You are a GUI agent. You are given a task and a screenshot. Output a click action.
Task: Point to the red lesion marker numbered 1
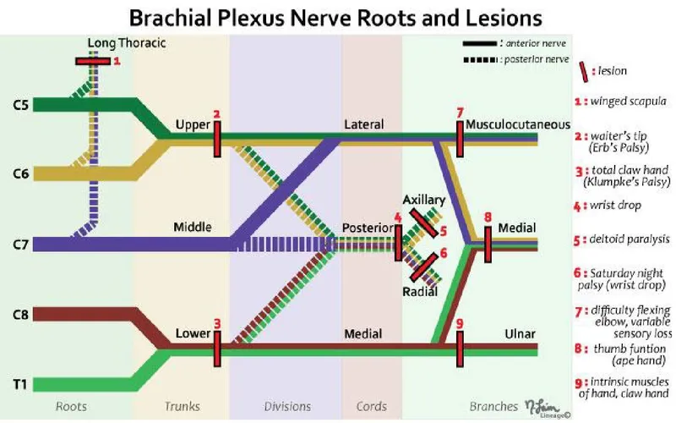click(91, 61)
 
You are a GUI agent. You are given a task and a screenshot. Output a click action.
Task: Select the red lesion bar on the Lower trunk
click(216, 347)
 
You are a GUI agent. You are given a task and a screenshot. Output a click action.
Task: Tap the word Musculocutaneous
click(517, 124)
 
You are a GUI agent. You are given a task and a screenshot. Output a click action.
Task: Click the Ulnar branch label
click(518, 333)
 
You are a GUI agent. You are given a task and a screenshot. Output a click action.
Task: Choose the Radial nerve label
click(420, 290)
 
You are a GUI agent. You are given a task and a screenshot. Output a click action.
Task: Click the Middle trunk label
click(192, 228)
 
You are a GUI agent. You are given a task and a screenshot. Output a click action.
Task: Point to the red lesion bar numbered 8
click(488, 243)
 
